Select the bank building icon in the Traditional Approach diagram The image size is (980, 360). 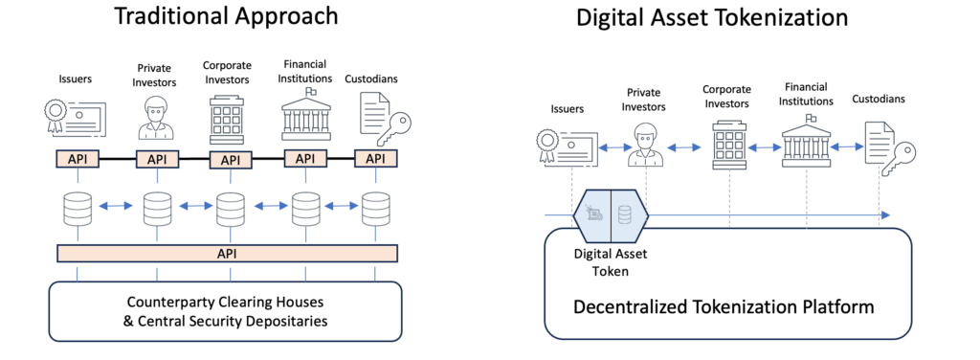tap(305, 117)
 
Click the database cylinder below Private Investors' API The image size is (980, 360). tap(156, 207)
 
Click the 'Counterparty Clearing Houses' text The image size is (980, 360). tap(226, 299)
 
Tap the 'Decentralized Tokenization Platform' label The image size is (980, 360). tap(724, 306)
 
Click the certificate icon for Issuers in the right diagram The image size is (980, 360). tap(565, 147)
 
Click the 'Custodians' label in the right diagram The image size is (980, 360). tap(879, 98)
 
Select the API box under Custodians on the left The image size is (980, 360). tap(375, 158)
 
